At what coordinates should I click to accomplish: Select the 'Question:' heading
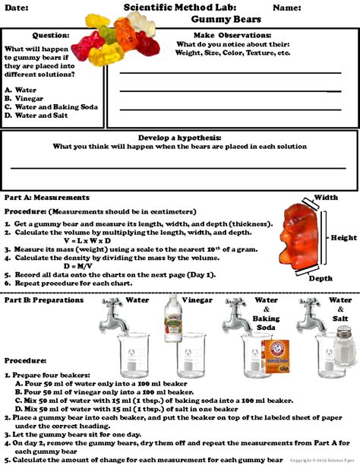click(x=51, y=35)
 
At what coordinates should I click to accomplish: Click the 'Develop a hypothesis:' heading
click(x=179, y=138)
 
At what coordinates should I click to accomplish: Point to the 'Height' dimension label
click(x=343, y=238)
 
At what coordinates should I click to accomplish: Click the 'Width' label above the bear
click(x=325, y=198)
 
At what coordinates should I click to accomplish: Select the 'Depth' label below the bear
click(x=320, y=278)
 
